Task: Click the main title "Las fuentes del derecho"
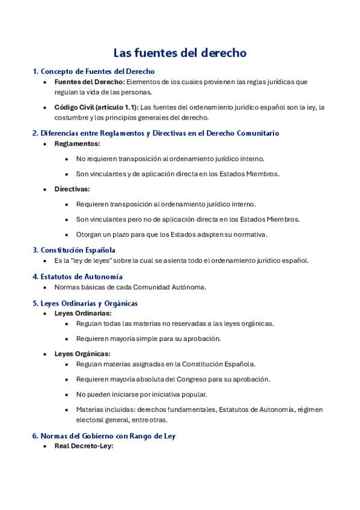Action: (180, 53)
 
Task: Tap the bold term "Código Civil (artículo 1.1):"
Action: (96, 107)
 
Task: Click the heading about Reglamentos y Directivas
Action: (155, 133)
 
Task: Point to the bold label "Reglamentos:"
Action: (77, 144)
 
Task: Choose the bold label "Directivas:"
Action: (73, 189)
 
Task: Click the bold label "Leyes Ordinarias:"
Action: (83, 313)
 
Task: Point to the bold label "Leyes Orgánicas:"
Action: (82, 354)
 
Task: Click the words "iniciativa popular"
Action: (174, 395)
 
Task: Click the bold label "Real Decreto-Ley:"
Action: (84, 446)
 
